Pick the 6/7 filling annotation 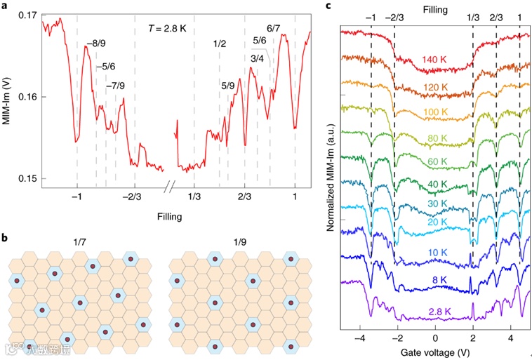click(274, 27)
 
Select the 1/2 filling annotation click(219, 45)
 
